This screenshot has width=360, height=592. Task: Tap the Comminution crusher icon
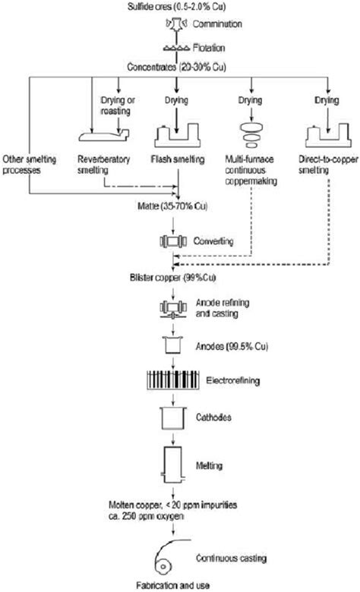(x=175, y=25)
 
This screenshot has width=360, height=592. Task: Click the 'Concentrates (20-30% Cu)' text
(x=176, y=62)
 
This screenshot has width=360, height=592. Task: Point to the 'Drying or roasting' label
(x=116, y=105)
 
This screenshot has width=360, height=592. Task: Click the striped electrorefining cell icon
(x=175, y=381)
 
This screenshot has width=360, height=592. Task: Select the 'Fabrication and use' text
(x=176, y=585)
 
